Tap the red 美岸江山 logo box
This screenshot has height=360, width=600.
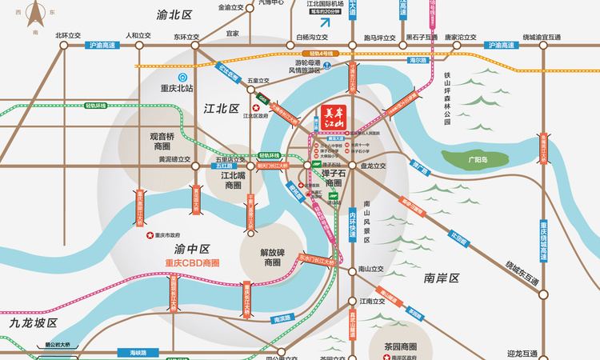pyautogui.click(x=332, y=118)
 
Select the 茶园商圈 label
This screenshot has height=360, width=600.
pyautogui.click(x=397, y=346)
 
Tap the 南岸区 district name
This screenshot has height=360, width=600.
pyautogui.click(x=442, y=278)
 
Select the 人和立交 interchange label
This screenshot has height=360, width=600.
pyautogui.click(x=138, y=36)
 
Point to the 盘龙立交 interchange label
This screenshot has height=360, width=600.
pyautogui.click(x=373, y=166)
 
